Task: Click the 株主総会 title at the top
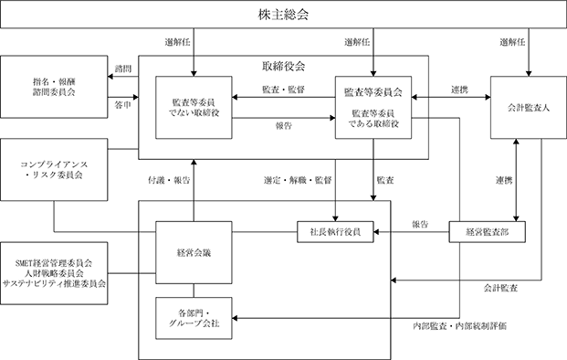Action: pos(283,15)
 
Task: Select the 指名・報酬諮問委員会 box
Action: pos(54,87)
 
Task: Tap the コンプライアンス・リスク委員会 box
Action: pos(54,170)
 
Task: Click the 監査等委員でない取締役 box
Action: pos(194,108)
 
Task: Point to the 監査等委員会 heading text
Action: pos(373,92)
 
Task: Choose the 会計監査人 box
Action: pos(529,108)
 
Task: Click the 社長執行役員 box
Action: pos(335,232)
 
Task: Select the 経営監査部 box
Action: pos(487,232)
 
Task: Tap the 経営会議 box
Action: pos(194,252)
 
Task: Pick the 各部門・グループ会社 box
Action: pos(194,318)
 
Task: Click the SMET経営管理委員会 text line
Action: pos(54,263)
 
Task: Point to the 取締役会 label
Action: pos(283,66)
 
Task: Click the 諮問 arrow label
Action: pos(123,69)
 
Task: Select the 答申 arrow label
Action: pos(123,105)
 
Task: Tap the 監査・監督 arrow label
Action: pos(283,90)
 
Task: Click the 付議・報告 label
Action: pos(169,180)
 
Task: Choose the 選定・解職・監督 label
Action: pos(298,180)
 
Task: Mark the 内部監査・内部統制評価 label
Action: pos(460,326)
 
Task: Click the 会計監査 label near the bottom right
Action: pos(501,288)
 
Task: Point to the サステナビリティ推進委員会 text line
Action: pos(54,283)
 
